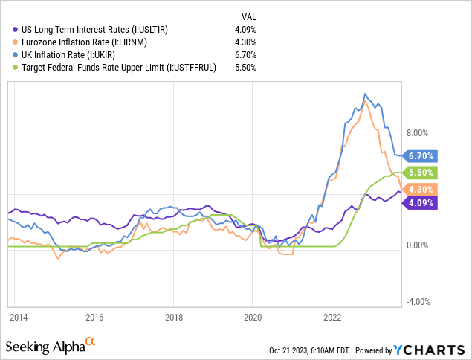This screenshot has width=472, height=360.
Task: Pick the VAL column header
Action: [x=249, y=16]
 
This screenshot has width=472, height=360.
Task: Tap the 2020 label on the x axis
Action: [x=252, y=315]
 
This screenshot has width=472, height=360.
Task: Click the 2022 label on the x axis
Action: [x=332, y=315]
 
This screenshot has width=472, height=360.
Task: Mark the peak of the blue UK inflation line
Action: [x=364, y=94]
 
